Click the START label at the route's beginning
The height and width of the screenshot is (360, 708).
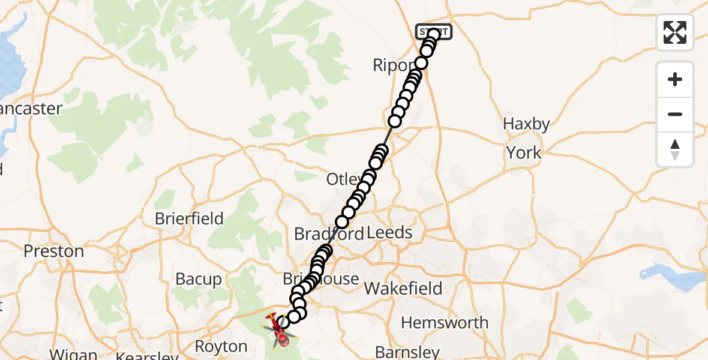click(x=434, y=31)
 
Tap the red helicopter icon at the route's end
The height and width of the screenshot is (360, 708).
click(x=280, y=332)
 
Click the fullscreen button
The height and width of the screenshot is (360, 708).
click(x=675, y=32)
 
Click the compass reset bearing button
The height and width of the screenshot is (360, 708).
click(x=675, y=149)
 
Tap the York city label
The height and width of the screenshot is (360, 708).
click(x=524, y=153)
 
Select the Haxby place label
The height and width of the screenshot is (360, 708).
click(x=526, y=124)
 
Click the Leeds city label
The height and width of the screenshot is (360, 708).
click(x=391, y=233)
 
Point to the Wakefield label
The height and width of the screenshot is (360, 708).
click(x=403, y=289)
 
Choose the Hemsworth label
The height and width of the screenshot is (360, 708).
click(x=445, y=323)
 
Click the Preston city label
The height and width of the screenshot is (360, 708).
click(x=53, y=251)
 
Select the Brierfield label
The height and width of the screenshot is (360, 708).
click(x=189, y=218)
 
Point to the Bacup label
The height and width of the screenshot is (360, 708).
click(x=199, y=279)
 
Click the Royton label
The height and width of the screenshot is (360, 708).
click(x=221, y=347)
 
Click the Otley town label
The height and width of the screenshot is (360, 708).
click(x=343, y=179)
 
